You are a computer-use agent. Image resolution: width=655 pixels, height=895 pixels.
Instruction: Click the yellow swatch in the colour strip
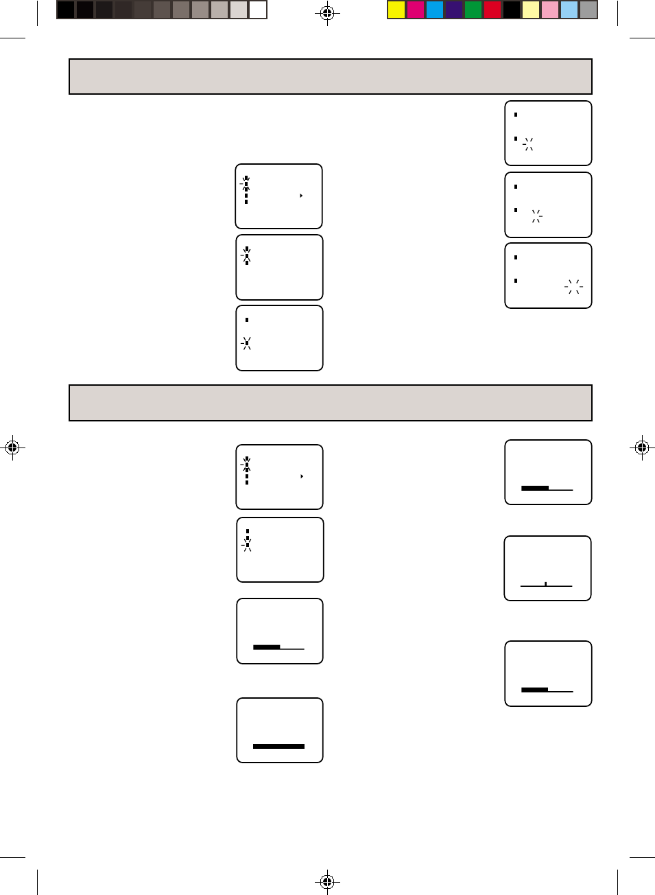[396, 10]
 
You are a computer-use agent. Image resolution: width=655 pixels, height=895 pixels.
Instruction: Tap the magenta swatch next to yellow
[416, 10]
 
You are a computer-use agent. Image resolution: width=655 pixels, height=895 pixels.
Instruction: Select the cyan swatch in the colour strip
[435, 10]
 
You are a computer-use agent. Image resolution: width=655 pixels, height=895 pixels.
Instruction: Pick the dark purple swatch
[454, 10]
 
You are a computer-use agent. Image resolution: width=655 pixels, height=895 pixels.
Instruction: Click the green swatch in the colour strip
[473, 10]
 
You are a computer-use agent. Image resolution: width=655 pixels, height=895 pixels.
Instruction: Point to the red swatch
[492, 10]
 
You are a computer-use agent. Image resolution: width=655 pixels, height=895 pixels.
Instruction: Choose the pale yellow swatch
[531, 10]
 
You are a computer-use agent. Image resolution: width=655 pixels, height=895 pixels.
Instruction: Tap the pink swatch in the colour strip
[550, 10]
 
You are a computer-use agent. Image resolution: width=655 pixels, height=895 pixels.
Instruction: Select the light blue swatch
[569, 10]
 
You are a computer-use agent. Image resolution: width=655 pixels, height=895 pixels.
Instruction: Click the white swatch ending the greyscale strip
[258, 10]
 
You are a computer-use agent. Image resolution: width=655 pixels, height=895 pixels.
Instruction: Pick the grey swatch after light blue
[588, 10]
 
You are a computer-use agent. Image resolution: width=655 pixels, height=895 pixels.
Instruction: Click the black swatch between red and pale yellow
[512, 10]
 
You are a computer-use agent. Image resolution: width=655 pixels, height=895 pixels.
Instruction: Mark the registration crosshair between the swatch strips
[327, 12]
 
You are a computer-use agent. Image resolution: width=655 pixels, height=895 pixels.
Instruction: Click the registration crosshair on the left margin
[12, 447]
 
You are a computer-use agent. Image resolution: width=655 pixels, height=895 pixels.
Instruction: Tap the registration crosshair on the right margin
[642, 447]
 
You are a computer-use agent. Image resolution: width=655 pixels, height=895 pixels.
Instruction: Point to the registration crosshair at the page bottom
[327, 881]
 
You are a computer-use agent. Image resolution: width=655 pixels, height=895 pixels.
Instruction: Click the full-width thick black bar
[278, 746]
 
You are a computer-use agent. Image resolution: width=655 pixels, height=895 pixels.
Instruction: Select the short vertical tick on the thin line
[545, 584]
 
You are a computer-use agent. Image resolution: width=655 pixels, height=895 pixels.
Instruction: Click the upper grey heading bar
[330, 76]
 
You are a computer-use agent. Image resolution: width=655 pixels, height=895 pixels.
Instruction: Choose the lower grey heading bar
[330, 403]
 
